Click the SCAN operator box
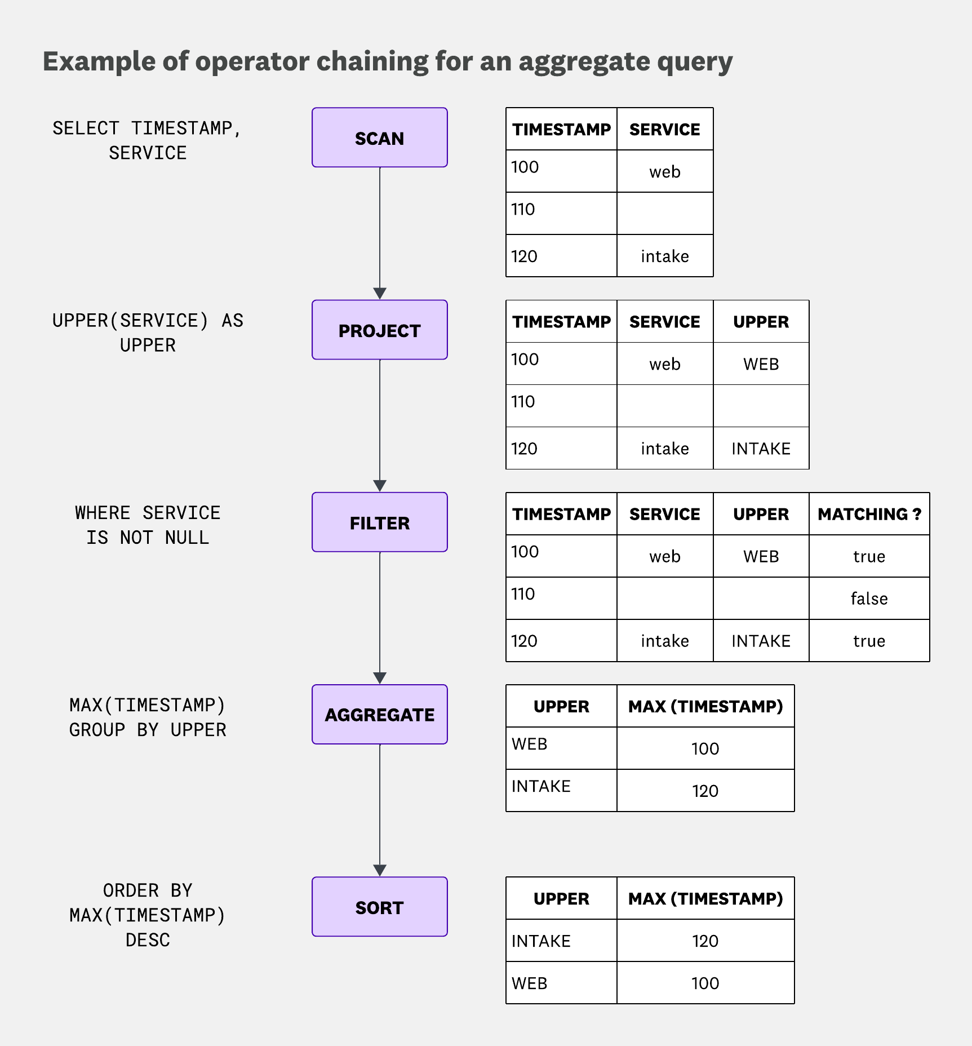point(379,138)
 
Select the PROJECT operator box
point(379,330)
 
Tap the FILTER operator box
point(379,522)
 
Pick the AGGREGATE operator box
point(379,714)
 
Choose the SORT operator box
point(379,907)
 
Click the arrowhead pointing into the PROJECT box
point(380,294)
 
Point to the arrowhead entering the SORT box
point(380,871)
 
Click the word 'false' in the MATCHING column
point(869,599)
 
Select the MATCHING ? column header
point(869,514)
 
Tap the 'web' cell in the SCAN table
point(665,172)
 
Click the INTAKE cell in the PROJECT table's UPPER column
point(761,449)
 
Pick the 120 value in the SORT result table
point(705,941)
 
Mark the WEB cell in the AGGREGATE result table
point(530,744)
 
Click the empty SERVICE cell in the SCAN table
point(665,214)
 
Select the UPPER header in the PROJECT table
point(761,322)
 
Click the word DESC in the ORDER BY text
point(148,940)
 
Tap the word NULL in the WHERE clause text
point(187,538)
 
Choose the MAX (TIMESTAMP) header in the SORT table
point(705,898)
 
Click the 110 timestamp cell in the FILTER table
point(523,594)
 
